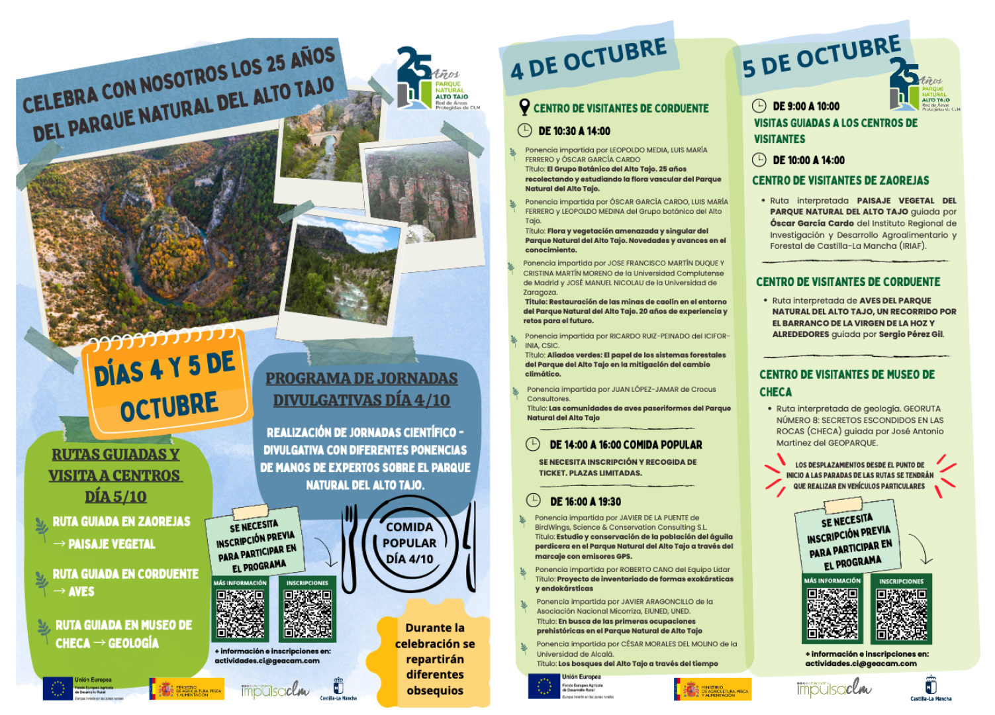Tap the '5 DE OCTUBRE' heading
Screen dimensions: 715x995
click(x=821, y=56)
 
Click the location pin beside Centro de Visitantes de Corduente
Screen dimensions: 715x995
click(x=524, y=107)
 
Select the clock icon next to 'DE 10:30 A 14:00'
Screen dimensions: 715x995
click(x=524, y=130)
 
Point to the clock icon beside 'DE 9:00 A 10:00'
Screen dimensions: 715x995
click(x=759, y=106)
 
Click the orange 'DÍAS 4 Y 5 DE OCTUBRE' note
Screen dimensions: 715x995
click(x=166, y=384)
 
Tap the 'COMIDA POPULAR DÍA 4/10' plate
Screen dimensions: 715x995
click(x=410, y=543)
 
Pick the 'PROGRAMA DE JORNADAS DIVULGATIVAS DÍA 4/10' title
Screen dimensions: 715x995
click(x=362, y=389)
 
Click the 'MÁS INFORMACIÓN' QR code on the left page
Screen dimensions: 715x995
click(x=240, y=614)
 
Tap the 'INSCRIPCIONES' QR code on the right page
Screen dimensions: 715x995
click(x=901, y=614)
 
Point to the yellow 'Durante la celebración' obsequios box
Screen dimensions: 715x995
click(x=435, y=659)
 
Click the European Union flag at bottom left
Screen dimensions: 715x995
click(x=58, y=689)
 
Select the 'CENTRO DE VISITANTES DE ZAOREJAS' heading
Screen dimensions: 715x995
click(x=840, y=180)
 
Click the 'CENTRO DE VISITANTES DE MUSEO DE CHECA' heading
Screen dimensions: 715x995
click(x=847, y=383)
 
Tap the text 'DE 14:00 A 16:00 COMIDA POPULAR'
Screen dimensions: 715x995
click(x=626, y=445)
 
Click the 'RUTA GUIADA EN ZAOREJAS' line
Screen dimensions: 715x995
click(x=121, y=522)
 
